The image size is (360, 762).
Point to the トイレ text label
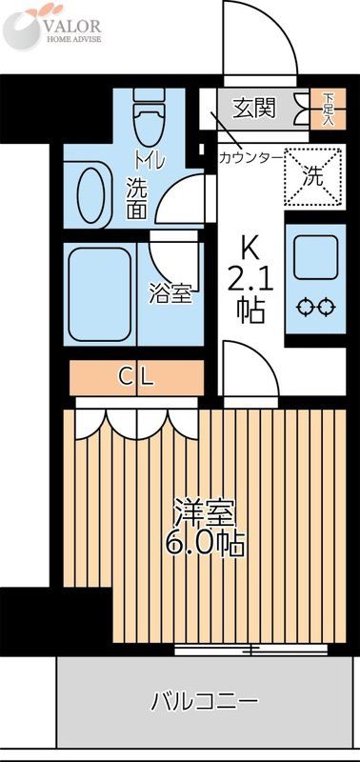pyautogui.click(x=150, y=159)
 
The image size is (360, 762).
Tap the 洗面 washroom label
pyautogui.click(x=137, y=196)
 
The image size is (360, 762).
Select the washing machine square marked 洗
pyautogui.click(x=314, y=175)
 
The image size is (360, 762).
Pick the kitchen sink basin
pyautogui.click(x=314, y=255)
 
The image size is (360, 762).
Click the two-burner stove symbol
pyautogui.click(x=314, y=307)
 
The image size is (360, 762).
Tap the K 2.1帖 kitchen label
pyautogui.click(x=250, y=280)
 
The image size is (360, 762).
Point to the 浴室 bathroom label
pyautogui.click(x=170, y=293)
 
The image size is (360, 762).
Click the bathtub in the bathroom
pyautogui.click(x=99, y=292)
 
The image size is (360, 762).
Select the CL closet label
pyautogui.click(x=135, y=376)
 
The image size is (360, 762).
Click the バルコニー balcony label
pyautogui.click(x=204, y=703)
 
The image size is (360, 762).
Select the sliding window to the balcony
pyautogui.click(x=250, y=651)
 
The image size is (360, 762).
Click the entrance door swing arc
pyautogui.click(x=252, y=38)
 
